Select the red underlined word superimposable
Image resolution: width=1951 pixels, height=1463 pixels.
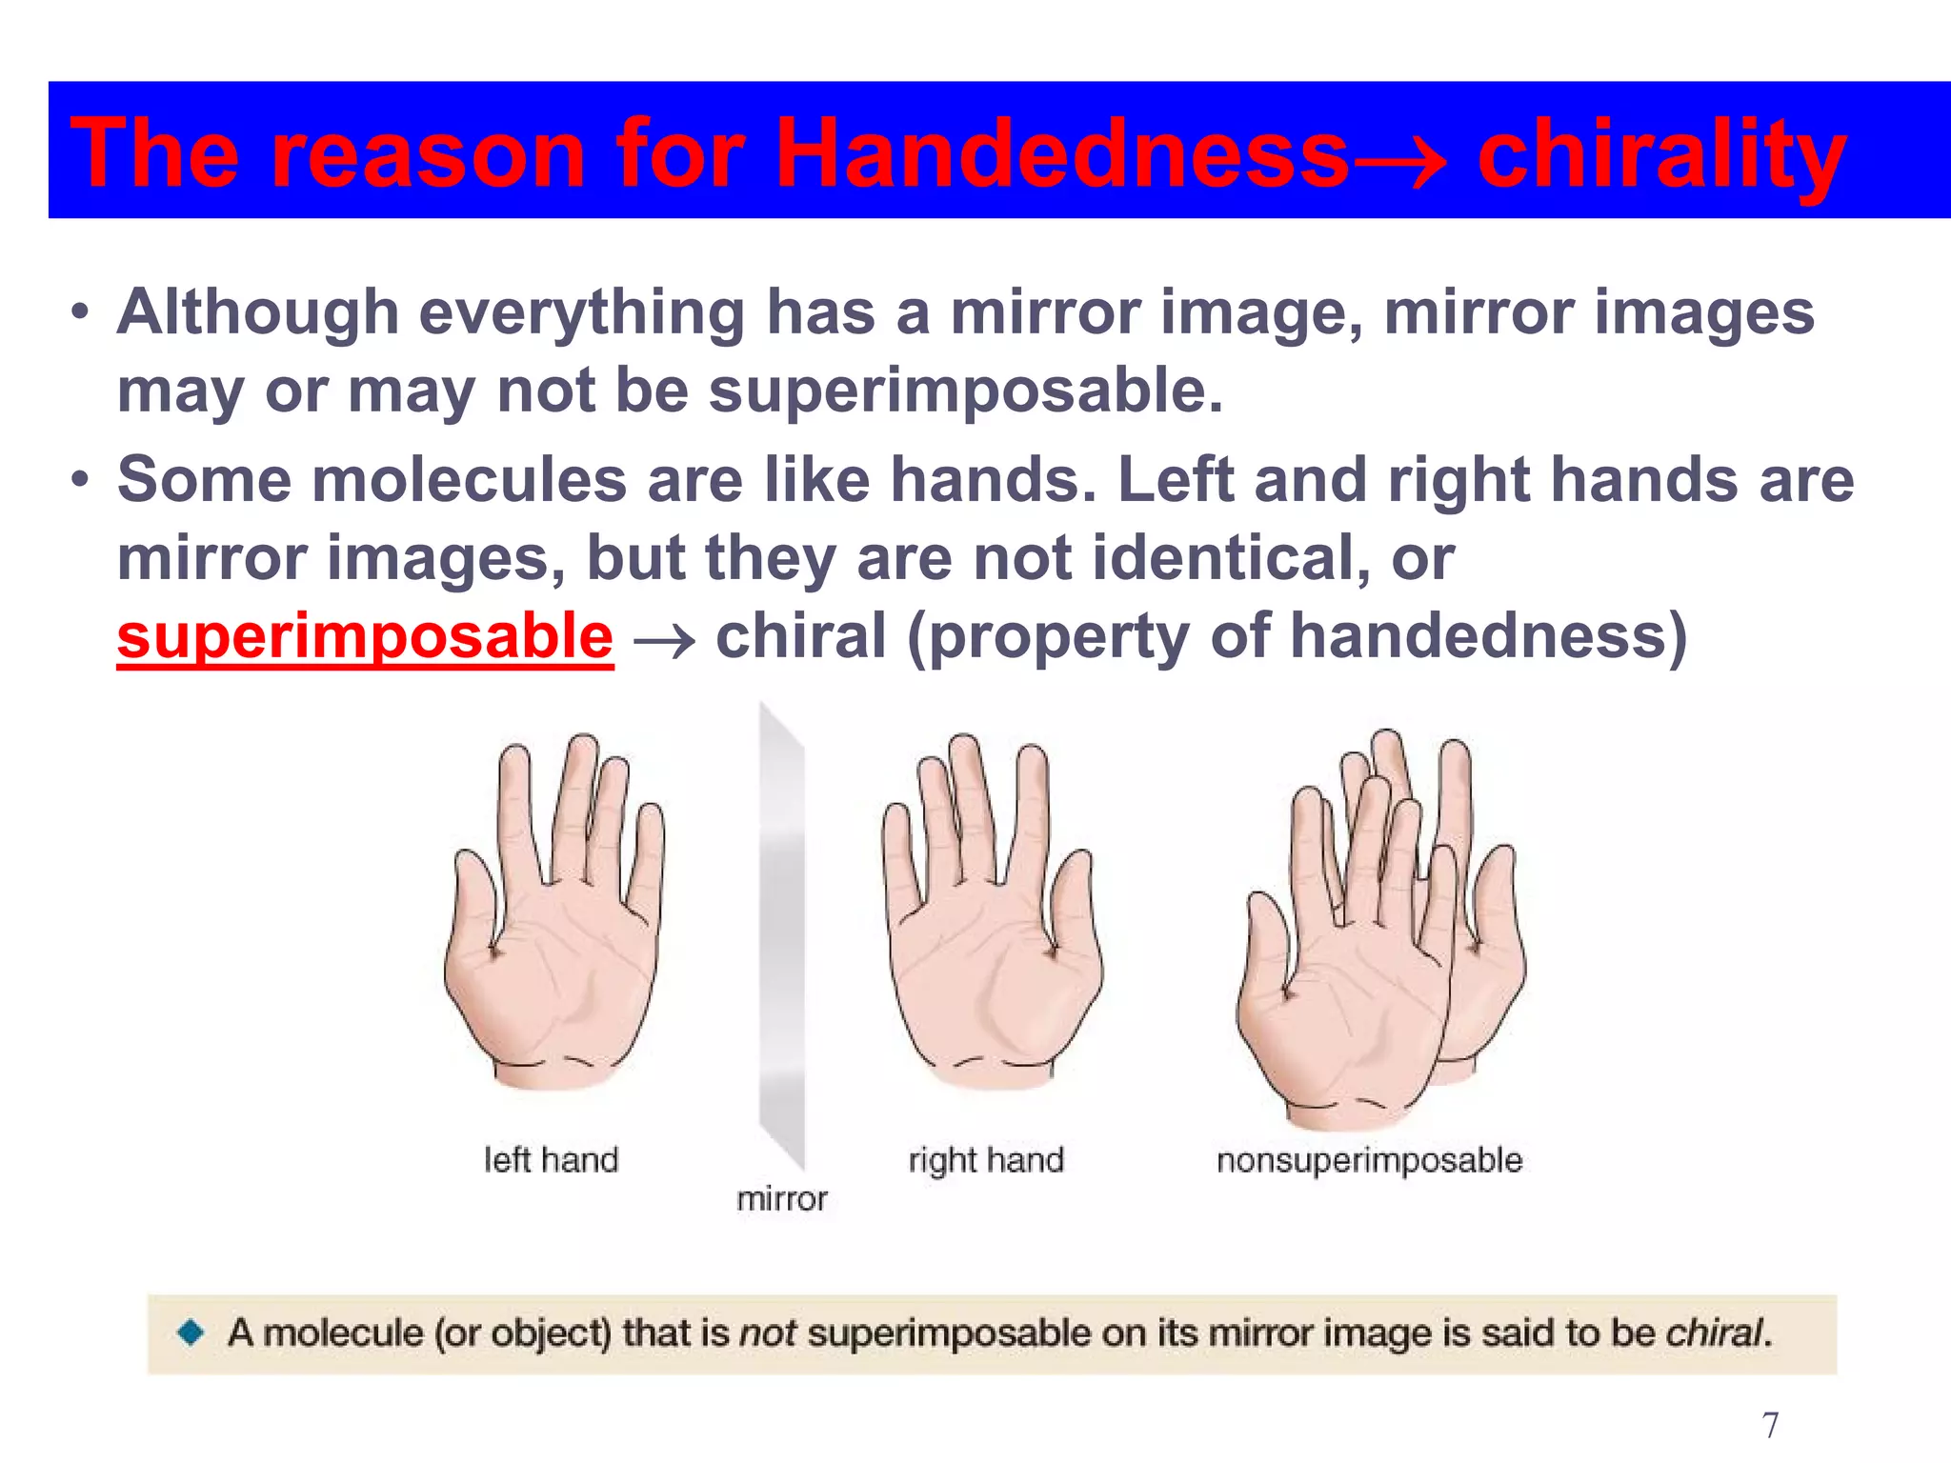pos(365,636)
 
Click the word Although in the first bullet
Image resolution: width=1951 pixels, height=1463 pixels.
pos(257,312)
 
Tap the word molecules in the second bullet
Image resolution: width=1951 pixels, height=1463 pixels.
pos(469,479)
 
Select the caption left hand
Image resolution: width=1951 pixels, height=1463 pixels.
pos(551,1160)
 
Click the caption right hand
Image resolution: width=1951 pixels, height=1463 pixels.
pos(985,1160)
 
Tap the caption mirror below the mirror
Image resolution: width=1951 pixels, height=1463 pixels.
pos(781,1199)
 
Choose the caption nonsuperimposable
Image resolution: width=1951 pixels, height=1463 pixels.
pos(1369,1160)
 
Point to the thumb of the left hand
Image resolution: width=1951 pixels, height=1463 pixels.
pos(476,895)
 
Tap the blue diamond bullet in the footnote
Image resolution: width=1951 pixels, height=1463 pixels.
pos(191,1332)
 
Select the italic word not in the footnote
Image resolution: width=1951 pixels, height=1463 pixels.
pos(768,1333)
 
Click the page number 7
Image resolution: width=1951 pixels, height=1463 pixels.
pos(1770,1425)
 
